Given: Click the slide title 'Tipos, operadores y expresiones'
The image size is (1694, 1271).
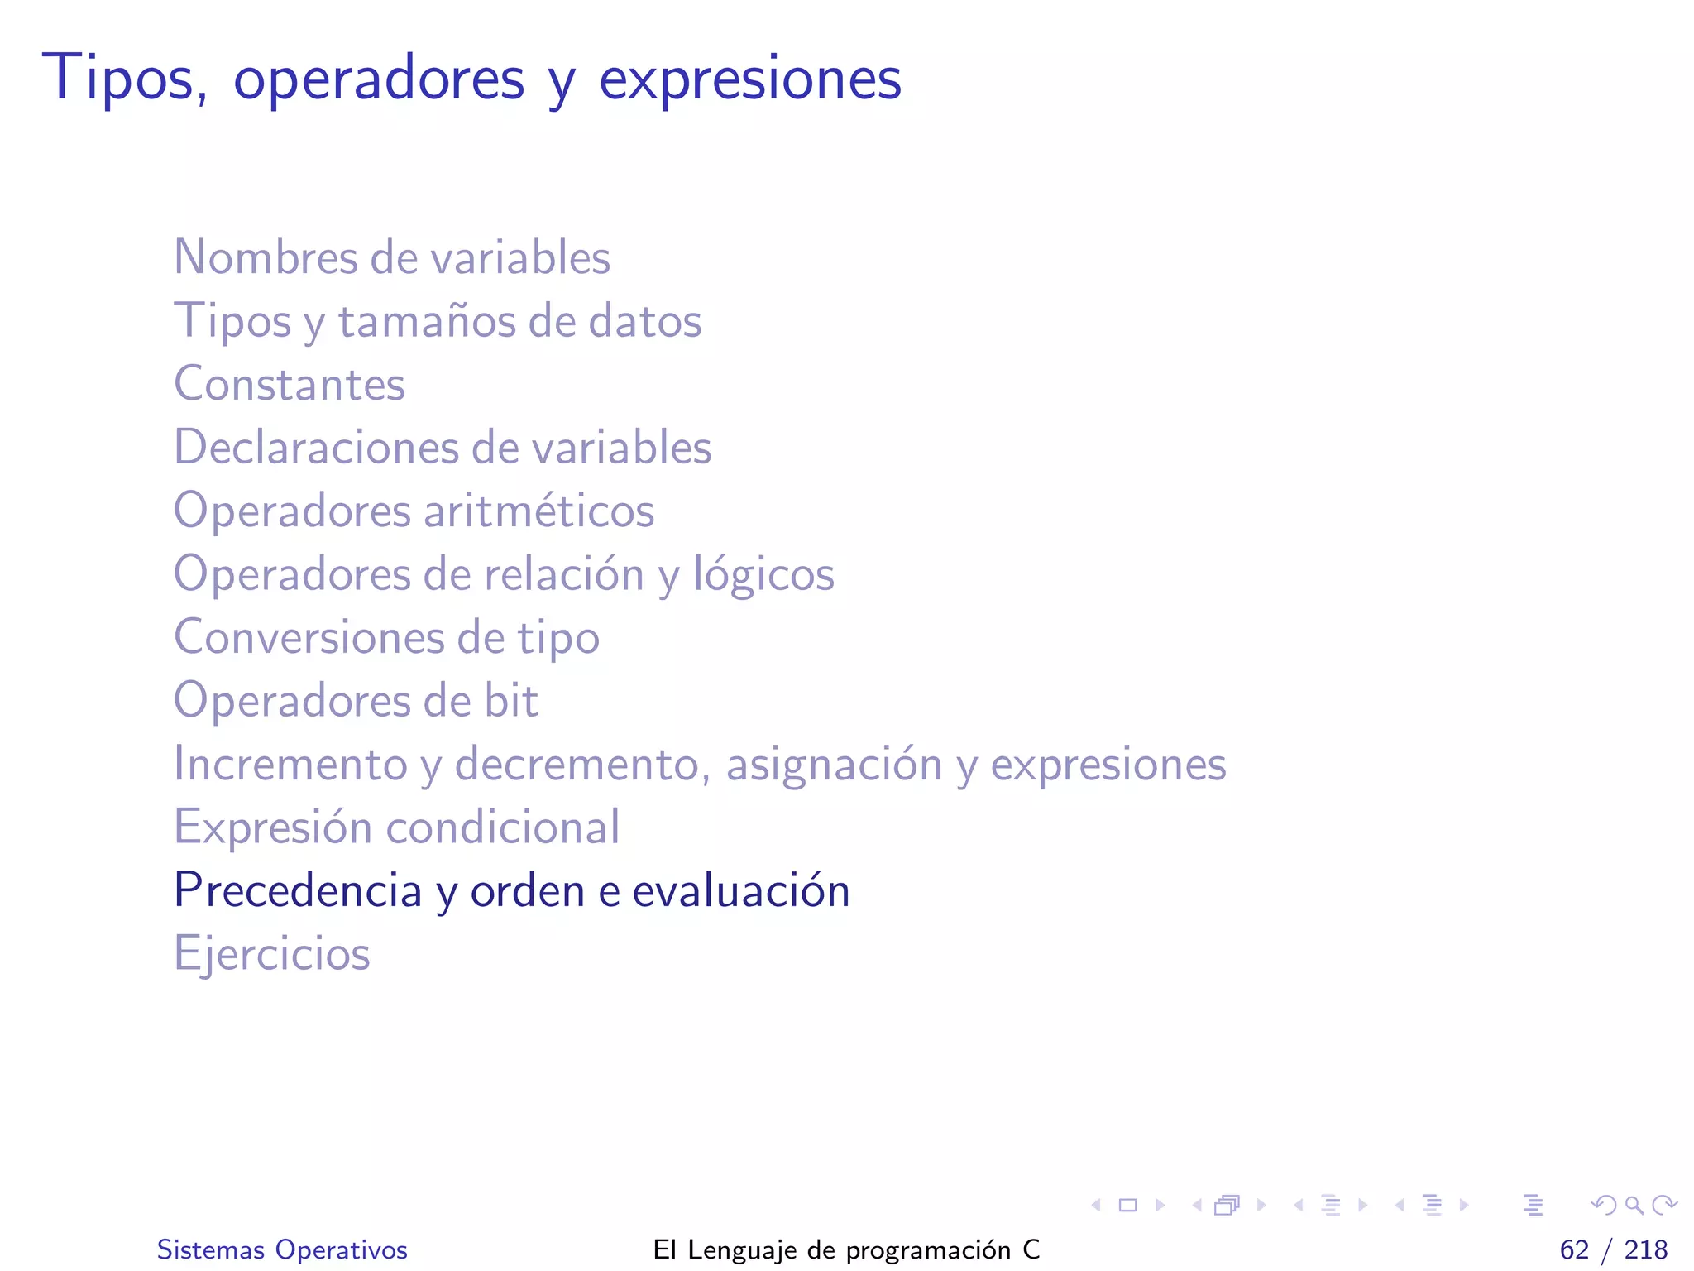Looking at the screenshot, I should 471,79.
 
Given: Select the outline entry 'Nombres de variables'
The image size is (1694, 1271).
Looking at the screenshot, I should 392,257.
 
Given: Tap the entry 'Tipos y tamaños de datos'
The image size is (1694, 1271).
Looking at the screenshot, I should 438,321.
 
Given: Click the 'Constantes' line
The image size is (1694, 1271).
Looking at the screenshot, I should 290,384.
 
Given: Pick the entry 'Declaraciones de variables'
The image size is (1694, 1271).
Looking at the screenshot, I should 443,448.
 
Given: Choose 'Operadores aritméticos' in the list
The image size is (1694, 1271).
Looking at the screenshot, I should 414,511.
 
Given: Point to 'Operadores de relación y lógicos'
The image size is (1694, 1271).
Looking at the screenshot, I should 504,574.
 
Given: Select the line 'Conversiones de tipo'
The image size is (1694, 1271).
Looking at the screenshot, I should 386,637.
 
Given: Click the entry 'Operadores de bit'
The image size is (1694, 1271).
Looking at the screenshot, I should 356,701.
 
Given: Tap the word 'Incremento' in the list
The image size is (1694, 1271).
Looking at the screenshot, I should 290,764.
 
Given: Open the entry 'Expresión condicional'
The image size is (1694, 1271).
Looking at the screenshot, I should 396,827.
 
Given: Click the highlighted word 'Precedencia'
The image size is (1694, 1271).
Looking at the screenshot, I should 298,890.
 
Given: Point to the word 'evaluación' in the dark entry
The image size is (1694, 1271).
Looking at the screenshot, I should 740,890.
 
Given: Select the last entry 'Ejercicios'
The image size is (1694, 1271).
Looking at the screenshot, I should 271,953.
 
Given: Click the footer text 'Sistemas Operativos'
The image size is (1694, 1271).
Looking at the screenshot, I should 282,1249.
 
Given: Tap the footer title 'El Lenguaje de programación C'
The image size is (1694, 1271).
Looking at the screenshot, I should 846,1249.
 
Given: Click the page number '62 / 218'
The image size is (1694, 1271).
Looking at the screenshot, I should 1613,1249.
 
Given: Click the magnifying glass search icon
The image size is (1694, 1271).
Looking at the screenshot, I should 1634,1205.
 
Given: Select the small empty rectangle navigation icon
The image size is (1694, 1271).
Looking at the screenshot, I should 1127,1205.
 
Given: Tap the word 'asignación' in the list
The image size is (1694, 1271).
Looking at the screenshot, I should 834,764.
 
